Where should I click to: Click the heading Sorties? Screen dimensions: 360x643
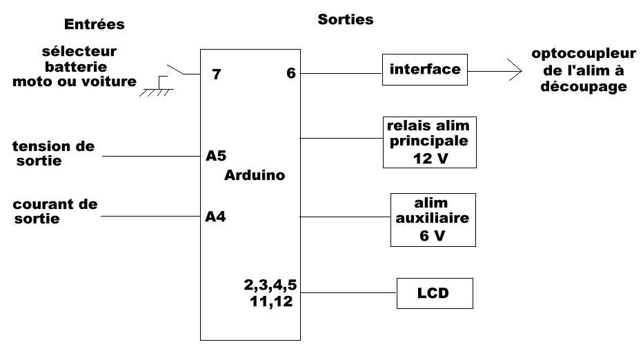pyautogui.click(x=345, y=19)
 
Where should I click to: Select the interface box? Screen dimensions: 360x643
pyautogui.click(x=424, y=70)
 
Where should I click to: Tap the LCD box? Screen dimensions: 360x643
pyautogui.click(x=434, y=293)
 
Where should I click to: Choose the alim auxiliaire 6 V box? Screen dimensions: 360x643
pyautogui.click(x=432, y=219)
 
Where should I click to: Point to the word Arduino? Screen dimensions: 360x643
pyautogui.click(x=255, y=175)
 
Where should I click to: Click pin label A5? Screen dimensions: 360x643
pyautogui.click(x=215, y=155)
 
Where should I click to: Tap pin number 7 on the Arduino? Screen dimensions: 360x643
pyautogui.click(x=217, y=74)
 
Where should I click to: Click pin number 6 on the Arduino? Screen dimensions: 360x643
pyautogui.click(x=290, y=73)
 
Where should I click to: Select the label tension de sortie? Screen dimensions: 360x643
pyautogui.click(x=54, y=153)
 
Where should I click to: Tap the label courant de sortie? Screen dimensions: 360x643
pyautogui.click(x=55, y=212)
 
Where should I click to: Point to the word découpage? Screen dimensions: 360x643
pyautogui.click(x=594, y=88)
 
